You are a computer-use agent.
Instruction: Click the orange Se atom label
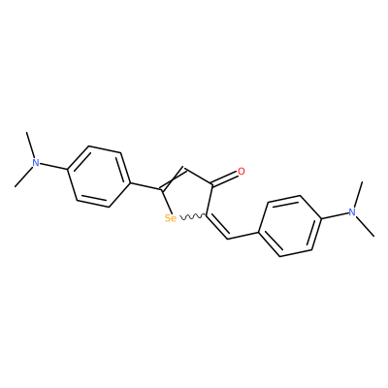pyautogui.click(x=171, y=218)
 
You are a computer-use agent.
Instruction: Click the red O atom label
pyautogui.click(x=242, y=172)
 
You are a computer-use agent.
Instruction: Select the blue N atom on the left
pyautogui.click(x=36, y=162)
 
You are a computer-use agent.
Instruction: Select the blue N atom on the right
pyautogui.click(x=352, y=212)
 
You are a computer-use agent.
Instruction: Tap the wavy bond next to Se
pyautogui.click(x=192, y=217)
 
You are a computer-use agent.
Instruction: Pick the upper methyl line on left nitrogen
pyautogui.click(x=30, y=145)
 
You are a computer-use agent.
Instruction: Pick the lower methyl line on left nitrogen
pyautogui.click(x=24, y=177)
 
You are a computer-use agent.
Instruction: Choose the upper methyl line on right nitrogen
pyautogui.click(x=358, y=195)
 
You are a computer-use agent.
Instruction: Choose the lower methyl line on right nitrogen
pyautogui.click(x=365, y=226)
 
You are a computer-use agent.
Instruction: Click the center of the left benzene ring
pyautogui.click(x=98, y=177)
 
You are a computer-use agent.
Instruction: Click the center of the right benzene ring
pyautogui.click(x=290, y=226)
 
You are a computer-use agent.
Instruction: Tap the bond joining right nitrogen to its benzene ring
pyautogui.click(x=335, y=215)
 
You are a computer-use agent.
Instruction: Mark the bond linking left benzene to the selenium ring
pyautogui.click(x=145, y=186)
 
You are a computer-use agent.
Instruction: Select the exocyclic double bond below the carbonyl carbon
pyautogui.click(x=217, y=227)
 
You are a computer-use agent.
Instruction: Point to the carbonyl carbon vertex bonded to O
pyautogui.click(x=212, y=185)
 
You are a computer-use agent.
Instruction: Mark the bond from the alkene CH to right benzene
pyautogui.click(x=243, y=236)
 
